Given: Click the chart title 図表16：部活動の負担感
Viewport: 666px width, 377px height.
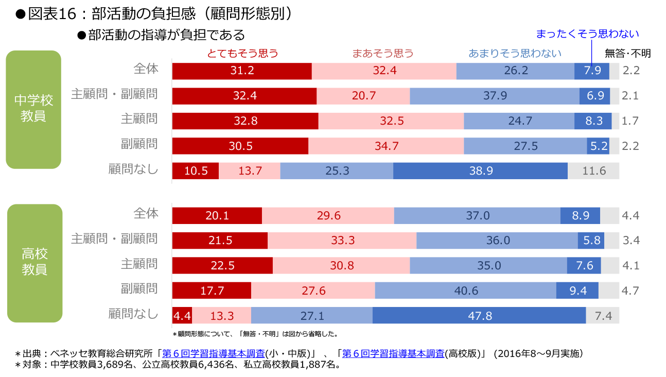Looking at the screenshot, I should click(154, 14).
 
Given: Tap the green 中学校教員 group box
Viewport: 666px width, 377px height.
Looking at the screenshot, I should click(33, 109).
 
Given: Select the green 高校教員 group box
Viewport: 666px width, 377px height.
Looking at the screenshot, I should click(34, 263).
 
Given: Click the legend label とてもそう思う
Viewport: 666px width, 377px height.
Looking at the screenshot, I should click(242, 53).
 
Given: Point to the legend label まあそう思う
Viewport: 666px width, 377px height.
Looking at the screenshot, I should click(383, 53).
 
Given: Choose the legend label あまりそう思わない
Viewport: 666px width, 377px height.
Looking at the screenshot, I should click(515, 53).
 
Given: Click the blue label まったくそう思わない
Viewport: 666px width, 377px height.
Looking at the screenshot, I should click(587, 34).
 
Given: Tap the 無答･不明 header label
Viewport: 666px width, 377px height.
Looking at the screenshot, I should click(627, 53).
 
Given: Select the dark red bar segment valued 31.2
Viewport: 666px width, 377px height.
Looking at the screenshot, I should click(242, 71).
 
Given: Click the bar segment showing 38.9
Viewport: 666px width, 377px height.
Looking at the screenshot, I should click(480, 171).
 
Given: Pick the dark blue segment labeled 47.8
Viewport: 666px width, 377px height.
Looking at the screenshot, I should click(479, 316).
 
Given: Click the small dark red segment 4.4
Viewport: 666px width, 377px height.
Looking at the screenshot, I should click(182, 316).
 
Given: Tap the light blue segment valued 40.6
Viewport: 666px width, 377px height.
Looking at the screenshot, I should click(465, 290).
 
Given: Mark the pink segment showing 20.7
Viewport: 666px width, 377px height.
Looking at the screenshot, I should click(363, 96).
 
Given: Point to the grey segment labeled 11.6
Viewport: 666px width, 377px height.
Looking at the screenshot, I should click(593, 171).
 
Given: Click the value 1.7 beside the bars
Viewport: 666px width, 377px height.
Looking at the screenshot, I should click(630, 121).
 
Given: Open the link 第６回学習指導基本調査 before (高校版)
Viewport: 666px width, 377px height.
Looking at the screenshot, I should click(393, 354).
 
